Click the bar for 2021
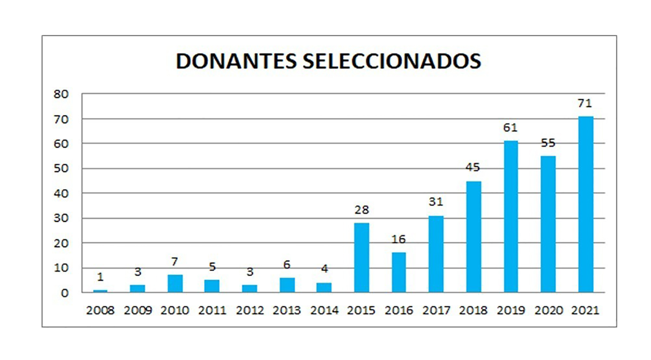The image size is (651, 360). point(586,204)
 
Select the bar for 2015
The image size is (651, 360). point(361,258)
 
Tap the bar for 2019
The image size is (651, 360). point(511,217)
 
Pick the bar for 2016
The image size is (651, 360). point(399,272)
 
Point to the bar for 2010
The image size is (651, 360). point(175,283)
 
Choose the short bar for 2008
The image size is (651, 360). point(100,291)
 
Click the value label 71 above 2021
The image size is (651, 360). point(585,103)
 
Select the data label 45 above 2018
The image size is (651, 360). point(473,167)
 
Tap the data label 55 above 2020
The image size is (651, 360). point(548,143)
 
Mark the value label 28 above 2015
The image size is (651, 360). point(361,210)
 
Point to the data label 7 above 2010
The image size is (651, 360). point(175,262)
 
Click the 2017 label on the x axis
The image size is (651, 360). point(436,310)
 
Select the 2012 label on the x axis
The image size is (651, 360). point(250,310)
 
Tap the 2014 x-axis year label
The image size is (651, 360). point(324,310)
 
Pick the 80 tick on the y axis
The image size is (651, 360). point(61,94)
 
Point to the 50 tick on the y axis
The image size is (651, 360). point(61,168)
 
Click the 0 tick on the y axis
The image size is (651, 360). point(64,293)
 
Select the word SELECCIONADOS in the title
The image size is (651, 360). point(392,61)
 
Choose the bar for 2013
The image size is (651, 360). point(287,285)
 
